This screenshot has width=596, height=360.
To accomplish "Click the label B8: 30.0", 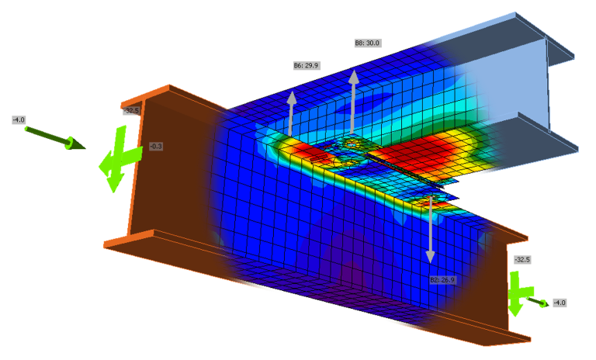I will click(367, 43).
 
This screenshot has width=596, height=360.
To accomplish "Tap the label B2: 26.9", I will click(442, 279).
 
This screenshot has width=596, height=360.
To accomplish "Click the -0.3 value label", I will click(156, 146).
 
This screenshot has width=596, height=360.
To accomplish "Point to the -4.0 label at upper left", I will click(19, 119).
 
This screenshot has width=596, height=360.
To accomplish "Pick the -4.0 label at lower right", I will click(559, 303).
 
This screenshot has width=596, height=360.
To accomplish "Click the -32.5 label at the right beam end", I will click(522, 260).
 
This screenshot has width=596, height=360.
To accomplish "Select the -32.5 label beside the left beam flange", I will click(132, 111).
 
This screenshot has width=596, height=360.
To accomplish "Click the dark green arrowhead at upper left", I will click(76, 144).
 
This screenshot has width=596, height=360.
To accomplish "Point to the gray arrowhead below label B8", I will click(354, 77).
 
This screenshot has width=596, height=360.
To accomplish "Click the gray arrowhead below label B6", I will click(293, 98).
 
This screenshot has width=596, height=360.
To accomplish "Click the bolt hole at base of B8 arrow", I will click(354, 144).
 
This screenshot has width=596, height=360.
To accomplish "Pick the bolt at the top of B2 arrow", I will click(429, 201).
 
